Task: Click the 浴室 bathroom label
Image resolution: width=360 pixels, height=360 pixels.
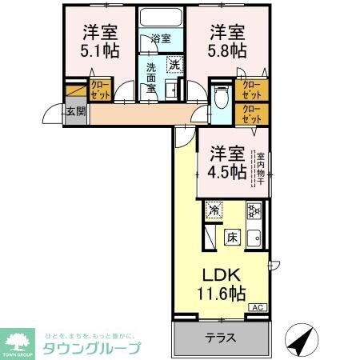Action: click(162, 38)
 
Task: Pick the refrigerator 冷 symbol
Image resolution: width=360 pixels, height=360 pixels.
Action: click(214, 210)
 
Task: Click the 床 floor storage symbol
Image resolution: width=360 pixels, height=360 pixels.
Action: click(231, 237)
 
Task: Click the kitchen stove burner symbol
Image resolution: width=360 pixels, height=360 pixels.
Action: click(254, 211)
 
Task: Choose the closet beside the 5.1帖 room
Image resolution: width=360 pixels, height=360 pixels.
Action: click(100, 88)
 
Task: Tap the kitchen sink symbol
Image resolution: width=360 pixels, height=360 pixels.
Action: click(254, 237)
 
